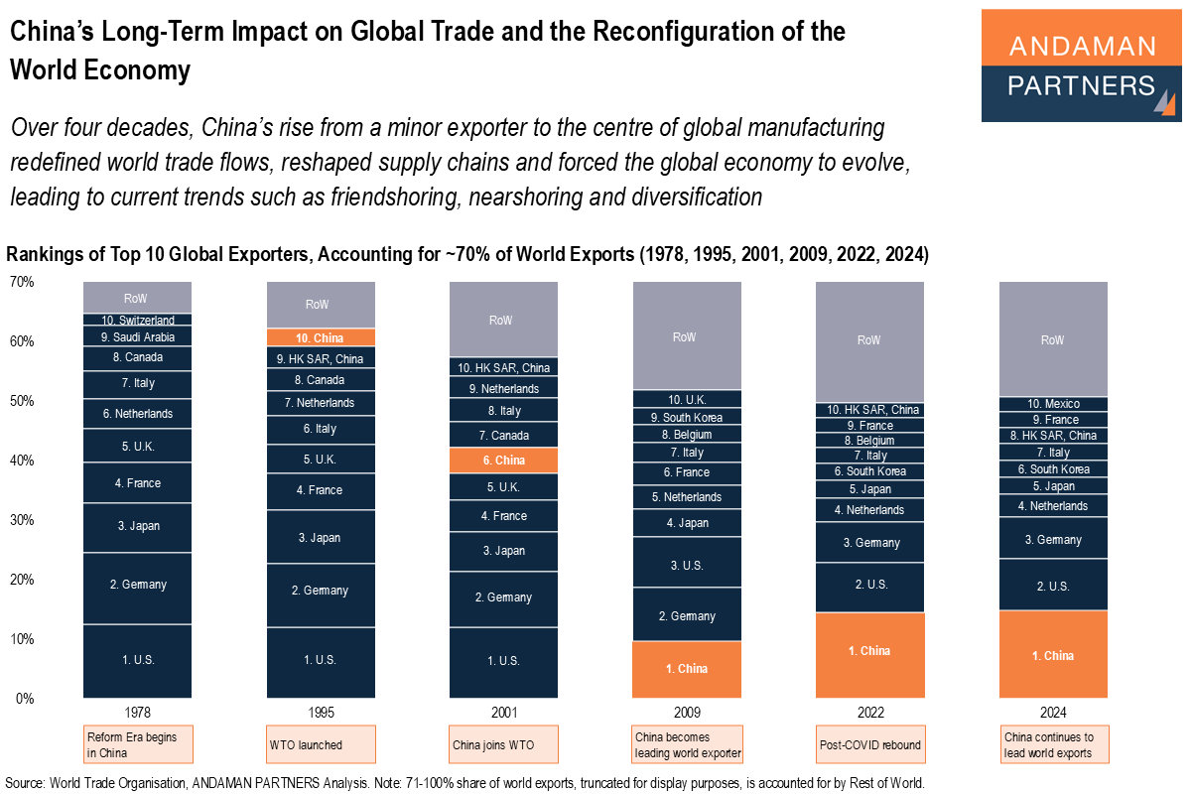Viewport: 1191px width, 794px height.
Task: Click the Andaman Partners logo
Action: point(1081,66)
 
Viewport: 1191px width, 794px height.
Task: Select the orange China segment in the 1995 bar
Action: point(321,338)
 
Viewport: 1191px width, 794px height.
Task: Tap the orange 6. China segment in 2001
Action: point(503,461)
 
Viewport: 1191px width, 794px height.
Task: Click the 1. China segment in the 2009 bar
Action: point(686,669)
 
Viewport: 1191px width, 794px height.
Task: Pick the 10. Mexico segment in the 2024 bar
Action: point(1053,404)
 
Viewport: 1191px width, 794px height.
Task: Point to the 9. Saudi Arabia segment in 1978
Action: point(138,337)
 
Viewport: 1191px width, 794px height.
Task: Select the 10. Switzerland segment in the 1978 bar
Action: point(138,321)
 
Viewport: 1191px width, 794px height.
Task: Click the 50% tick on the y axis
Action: point(21,401)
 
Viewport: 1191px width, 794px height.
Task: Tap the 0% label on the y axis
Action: point(24,699)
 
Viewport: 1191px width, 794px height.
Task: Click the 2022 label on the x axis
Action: point(869,713)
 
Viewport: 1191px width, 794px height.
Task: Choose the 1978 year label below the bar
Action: point(138,713)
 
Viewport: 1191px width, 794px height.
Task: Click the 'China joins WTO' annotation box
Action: point(503,744)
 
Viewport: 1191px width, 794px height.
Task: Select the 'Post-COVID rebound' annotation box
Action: point(869,744)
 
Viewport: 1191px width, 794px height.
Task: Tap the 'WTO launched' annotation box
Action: point(321,744)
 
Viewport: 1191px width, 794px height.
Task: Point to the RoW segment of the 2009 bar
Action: point(686,336)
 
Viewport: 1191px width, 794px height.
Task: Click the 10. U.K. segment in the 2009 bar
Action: point(686,400)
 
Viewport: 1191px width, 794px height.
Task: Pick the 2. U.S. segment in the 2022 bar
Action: point(869,586)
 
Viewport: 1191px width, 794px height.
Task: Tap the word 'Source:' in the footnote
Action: point(25,783)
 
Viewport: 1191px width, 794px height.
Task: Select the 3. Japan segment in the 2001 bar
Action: point(503,551)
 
